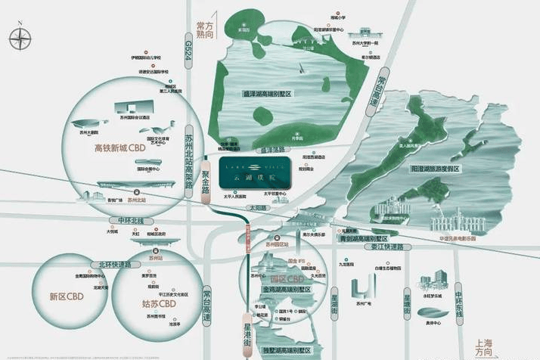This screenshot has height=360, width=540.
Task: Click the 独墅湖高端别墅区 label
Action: tap(282, 350)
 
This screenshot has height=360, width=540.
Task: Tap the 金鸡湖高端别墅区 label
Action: tap(281, 289)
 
